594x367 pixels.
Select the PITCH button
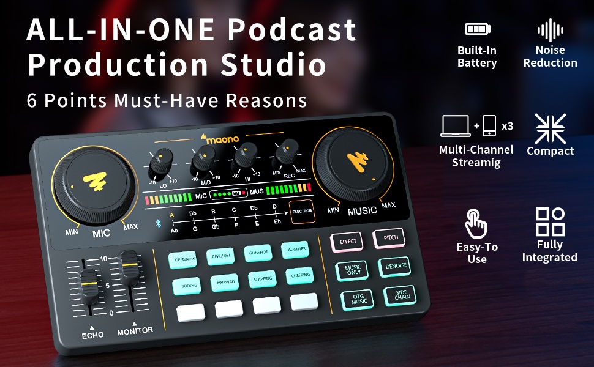[x=389, y=237]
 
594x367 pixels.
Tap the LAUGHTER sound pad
[x=295, y=250]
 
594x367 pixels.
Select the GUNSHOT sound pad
[x=258, y=253]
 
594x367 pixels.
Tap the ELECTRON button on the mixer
[x=302, y=211]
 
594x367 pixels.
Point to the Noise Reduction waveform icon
[x=550, y=29]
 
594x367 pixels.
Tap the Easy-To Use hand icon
[x=476, y=223]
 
